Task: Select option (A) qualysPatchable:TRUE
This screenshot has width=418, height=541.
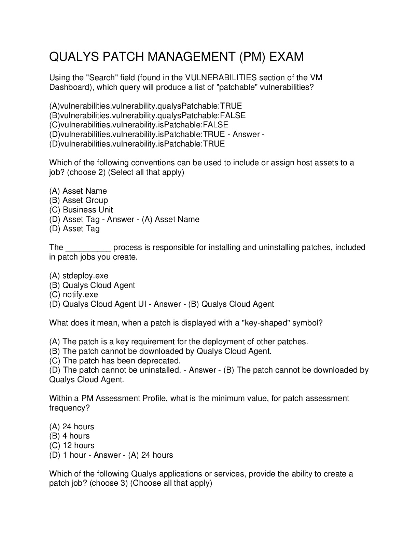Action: coord(145,106)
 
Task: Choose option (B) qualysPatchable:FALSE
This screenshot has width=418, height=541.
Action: coord(147,115)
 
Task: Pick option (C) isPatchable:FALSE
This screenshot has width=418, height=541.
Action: coord(139,125)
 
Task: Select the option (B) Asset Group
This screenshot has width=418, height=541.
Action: coord(79,200)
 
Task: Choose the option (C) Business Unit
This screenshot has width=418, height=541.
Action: coord(81,210)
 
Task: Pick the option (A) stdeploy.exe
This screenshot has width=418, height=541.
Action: coord(79,276)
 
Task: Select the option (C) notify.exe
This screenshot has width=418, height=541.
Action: coord(73,294)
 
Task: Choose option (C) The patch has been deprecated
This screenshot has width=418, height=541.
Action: coord(115,361)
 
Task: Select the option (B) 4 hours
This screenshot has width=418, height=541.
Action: coord(69,436)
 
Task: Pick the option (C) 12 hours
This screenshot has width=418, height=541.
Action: coord(72,445)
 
